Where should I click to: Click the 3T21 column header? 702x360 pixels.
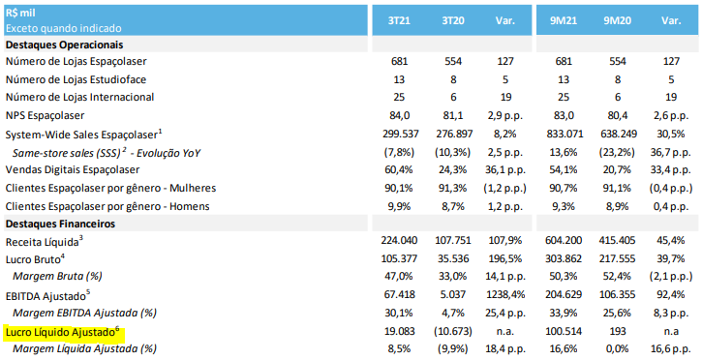pos(399,21)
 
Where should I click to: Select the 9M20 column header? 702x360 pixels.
pos(617,21)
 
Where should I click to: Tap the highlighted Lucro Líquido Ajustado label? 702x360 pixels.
pos(63,332)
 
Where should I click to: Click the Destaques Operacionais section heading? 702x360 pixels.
pos(65,45)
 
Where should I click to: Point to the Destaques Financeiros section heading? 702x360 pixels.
pos(60,224)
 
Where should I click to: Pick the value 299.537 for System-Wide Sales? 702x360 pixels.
pos(399,134)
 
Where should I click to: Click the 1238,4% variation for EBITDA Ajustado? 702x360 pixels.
pos(505,295)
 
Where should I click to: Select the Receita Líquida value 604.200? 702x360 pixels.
pos(564,241)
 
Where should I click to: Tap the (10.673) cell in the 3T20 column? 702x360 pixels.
pos(453,331)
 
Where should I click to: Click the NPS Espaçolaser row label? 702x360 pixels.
pos(45,115)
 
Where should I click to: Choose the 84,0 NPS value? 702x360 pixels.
pos(399,115)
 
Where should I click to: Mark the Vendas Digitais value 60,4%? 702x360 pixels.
pos(399,170)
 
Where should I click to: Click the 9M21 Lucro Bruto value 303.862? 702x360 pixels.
pos(564,258)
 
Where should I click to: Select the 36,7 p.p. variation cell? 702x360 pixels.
pos(671,153)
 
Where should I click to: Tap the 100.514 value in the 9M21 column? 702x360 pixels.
pos(564,331)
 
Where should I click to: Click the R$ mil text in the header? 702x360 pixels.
pos(20,14)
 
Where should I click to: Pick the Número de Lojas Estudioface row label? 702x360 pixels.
pos(76,79)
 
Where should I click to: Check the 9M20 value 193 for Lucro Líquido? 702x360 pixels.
pos(618,331)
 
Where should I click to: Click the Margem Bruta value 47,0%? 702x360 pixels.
pos(399,277)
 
